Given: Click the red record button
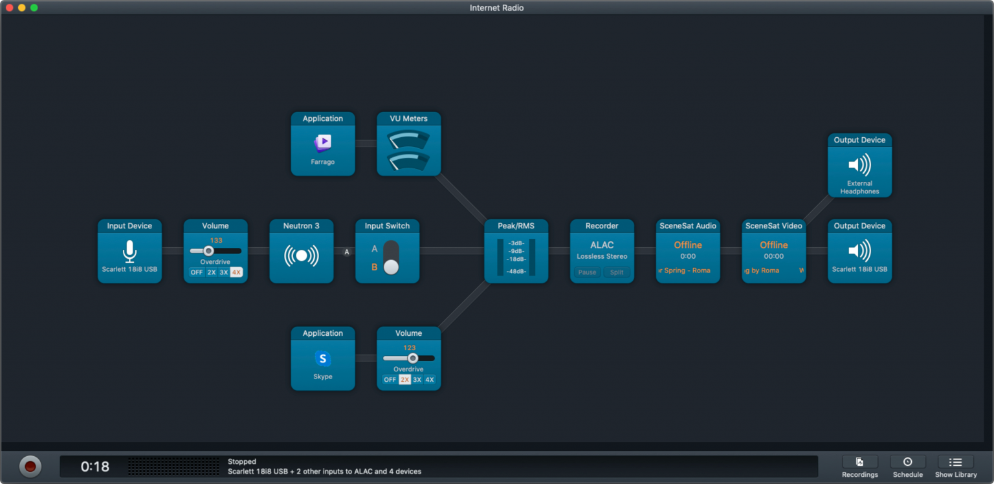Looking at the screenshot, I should pos(30,467).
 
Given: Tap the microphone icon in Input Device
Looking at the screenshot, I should pos(129,251).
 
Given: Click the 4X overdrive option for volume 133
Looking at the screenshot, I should pos(236,272).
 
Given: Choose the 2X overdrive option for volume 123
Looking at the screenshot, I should pos(404,380).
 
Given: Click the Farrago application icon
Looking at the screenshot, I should pos(322,142).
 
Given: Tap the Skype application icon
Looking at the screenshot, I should pos(322,358).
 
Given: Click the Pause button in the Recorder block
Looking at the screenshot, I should pos(587,272).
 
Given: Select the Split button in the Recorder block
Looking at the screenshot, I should pos(617,272).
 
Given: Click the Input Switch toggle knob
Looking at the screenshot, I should pos(391,267).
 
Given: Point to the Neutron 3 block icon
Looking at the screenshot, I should pos(302,256).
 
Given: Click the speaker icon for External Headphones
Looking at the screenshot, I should pos(859,164).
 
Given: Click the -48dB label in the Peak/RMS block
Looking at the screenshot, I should pos(516,271).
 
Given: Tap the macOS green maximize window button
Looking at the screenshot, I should pos(34,8).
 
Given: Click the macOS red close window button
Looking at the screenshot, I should pos(10,8).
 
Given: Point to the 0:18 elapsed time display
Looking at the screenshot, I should pos(94,467).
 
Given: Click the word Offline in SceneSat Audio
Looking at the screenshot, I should pos(687,245).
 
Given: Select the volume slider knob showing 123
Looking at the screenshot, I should pos(413,358).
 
